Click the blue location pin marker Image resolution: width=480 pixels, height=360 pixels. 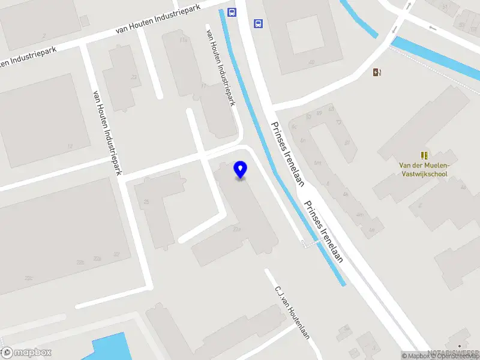pyautogui.click(x=241, y=170)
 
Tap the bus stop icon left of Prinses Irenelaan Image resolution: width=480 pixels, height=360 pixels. pyautogui.click(x=231, y=12)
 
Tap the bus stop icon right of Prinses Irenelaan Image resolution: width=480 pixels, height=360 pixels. pyautogui.click(x=258, y=24)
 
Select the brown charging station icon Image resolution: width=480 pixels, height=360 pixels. pyautogui.click(x=377, y=73)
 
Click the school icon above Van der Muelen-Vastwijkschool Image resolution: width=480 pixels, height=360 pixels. pyautogui.click(x=424, y=155)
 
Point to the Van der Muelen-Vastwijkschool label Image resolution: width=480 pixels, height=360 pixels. pyautogui.click(x=424, y=170)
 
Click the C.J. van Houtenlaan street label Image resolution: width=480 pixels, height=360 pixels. pyautogui.click(x=292, y=312)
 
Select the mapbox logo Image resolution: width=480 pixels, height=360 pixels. pyautogui.click(x=26, y=352)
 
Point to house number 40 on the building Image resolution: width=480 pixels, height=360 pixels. pyautogui.click(x=311, y=62)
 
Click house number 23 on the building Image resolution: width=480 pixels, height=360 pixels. pyautogui.click(x=134, y=77)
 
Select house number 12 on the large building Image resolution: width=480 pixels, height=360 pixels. pyautogui.click(x=70, y=146)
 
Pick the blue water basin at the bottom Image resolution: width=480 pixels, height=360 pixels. pyautogui.click(x=111, y=348)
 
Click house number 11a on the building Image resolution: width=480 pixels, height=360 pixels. pyautogui.click(x=184, y=40)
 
